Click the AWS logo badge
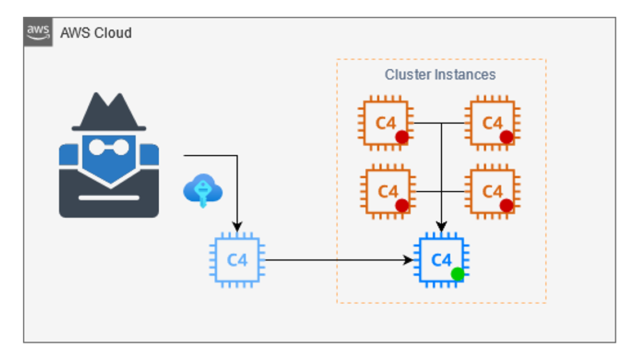(x=38, y=32)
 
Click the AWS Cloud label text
(x=96, y=33)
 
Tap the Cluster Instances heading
(x=440, y=74)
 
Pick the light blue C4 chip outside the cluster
(x=237, y=260)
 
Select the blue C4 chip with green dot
(x=441, y=260)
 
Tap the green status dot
(x=458, y=274)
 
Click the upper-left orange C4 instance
(x=386, y=123)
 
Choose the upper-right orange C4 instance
(x=492, y=123)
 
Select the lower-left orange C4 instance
(x=387, y=192)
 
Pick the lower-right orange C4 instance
(x=492, y=192)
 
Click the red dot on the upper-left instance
(x=401, y=137)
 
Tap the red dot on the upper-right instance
(x=506, y=137)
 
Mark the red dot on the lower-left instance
(x=402, y=206)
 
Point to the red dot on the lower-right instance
(x=506, y=206)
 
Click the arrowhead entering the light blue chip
(x=237, y=227)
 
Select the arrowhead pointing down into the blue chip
(x=442, y=227)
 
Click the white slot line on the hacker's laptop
(x=109, y=197)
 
